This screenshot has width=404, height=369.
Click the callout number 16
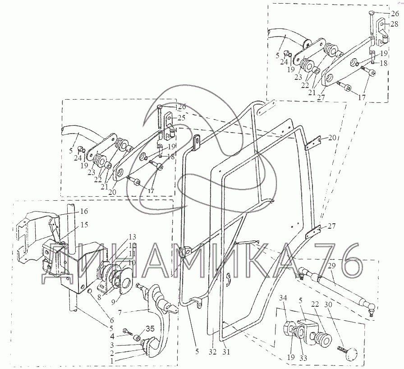coord(84,211)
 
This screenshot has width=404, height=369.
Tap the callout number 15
coord(84,225)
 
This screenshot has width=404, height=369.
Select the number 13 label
coord(133,237)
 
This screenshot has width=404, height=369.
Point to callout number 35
coord(150,328)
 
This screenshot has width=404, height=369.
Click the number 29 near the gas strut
coord(332,266)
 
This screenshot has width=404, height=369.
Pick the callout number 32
coord(212,351)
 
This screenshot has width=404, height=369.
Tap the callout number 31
coord(226,351)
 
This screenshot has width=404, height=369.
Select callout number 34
coord(283,298)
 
